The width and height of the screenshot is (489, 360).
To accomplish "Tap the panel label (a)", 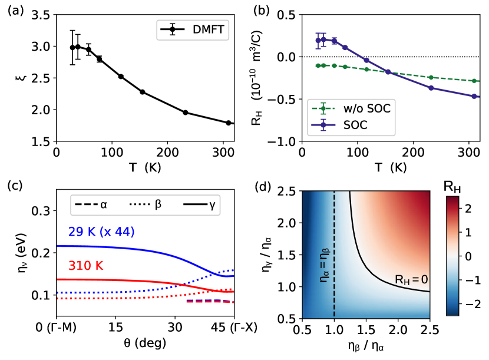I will pyautogui.click(x=15, y=10).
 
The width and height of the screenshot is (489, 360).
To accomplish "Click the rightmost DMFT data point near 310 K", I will pyautogui.click(x=228, y=123).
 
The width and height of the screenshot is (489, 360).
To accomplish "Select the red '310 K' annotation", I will pyautogui.click(x=87, y=266).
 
